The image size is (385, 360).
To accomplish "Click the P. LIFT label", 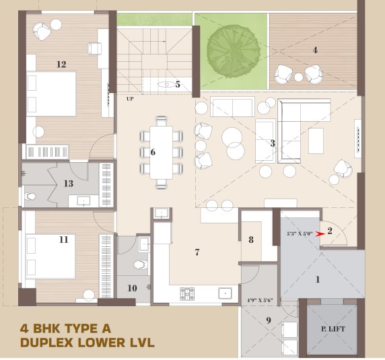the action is pyautogui.click(x=333, y=329).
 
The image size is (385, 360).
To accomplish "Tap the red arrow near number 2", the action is pyautogui.click(x=320, y=234).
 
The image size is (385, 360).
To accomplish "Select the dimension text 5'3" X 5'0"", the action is pyautogui.click(x=300, y=233).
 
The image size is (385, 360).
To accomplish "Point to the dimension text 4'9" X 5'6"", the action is pyautogui.click(x=260, y=300).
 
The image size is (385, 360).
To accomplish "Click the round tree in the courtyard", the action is pyautogui.click(x=234, y=51).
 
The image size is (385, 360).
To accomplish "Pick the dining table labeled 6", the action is pyautogui.click(x=162, y=152).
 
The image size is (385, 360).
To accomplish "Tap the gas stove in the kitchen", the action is pyautogui.click(x=187, y=294).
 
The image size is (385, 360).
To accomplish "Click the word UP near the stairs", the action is pyautogui.click(x=130, y=99).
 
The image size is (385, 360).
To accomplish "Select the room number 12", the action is pyautogui.click(x=61, y=65).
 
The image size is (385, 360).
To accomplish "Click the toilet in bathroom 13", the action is pyautogui.click(x=30, y=196).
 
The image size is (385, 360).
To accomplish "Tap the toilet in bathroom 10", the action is pyautogui.click(x=140, y=265).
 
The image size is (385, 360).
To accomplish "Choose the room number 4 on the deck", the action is pyautogui.click(x=315, y=50).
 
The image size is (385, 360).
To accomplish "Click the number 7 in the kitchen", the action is pyautogui.click(x=197, y=252).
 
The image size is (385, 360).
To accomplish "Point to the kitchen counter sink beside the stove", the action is pyautogui.click(x=225, y=293).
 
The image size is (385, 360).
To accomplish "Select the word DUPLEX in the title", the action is pyautogui.click(x=48, y=343).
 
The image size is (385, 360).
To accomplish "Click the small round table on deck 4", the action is pyautogui.click(x=299, y=77).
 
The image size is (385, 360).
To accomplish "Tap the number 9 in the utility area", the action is pyautogui.click(x=269, y=320).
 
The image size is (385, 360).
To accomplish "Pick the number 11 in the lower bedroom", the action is pyautogui.click(x=63, y=240).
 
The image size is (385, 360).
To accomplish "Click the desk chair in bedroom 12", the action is pyautogui.click(x=94, y=48).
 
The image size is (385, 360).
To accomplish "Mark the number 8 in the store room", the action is pyautogui.click(x=251, y=240).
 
